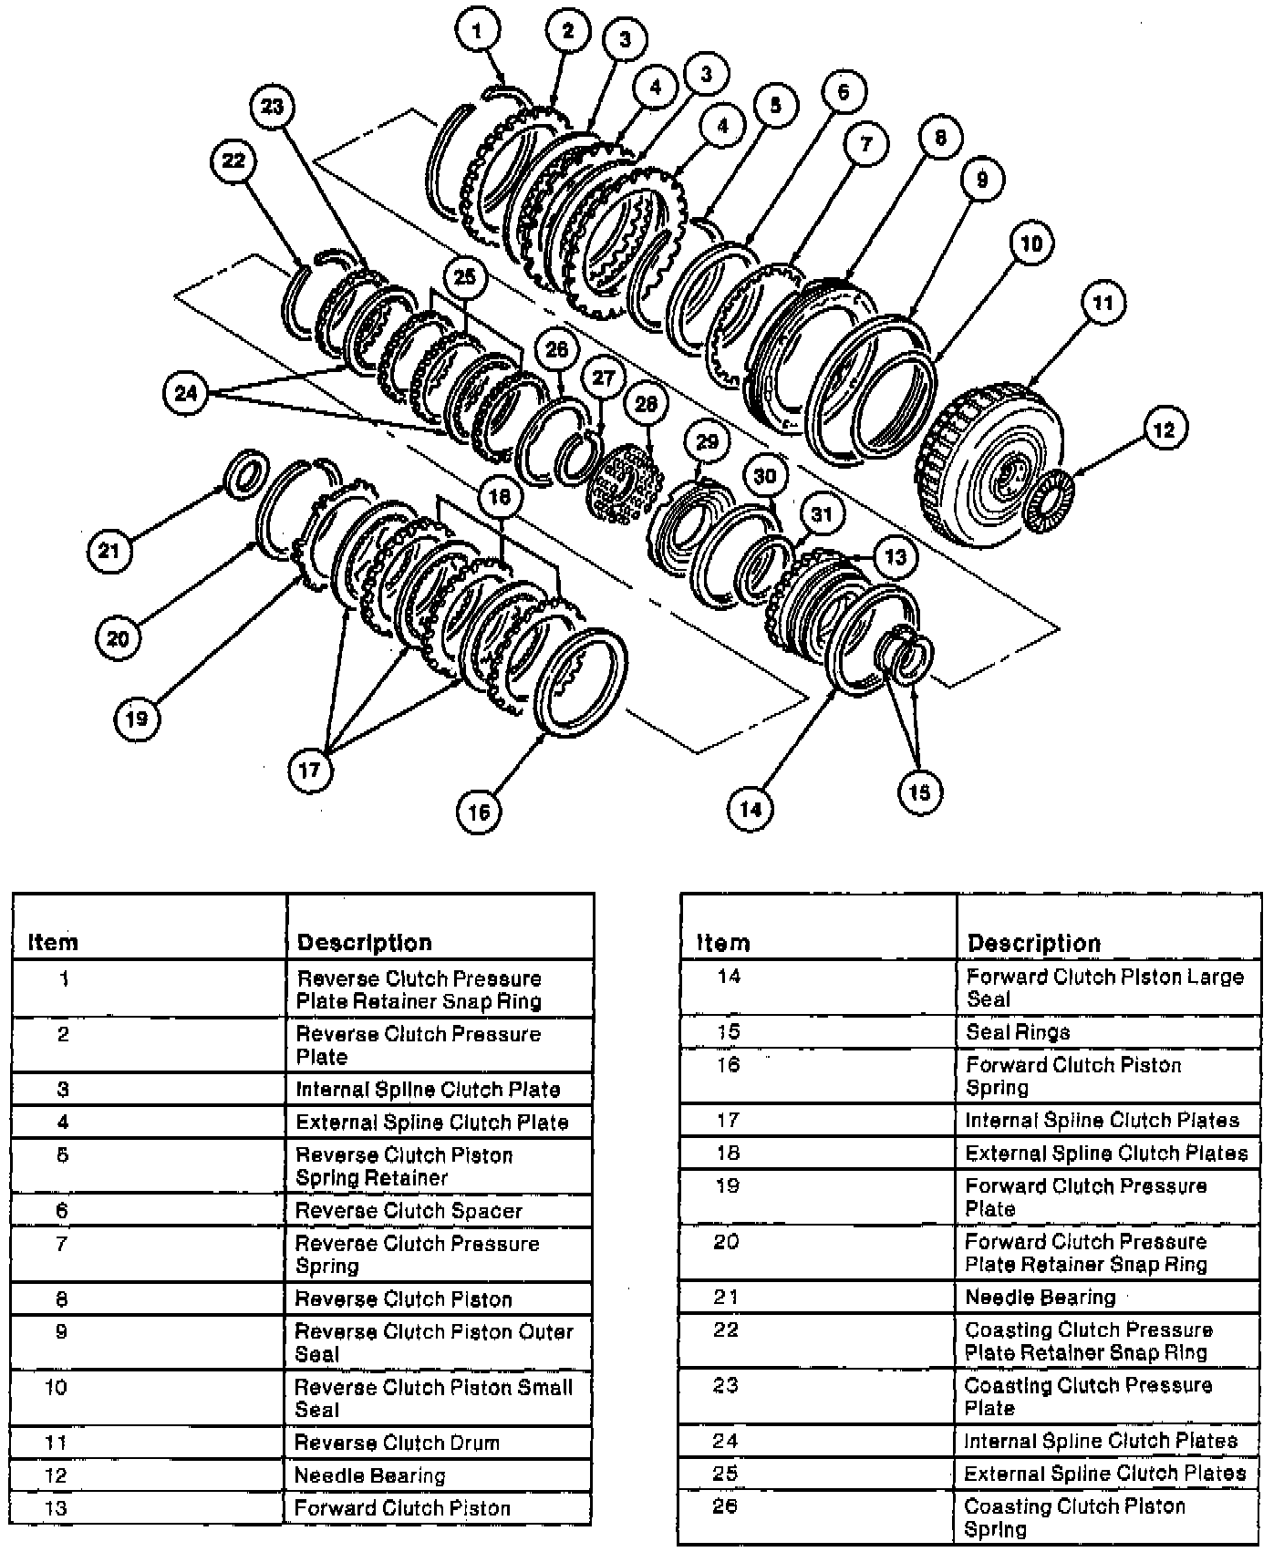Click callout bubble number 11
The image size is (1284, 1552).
pos(1103,303)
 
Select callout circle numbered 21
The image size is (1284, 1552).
pos(109,551)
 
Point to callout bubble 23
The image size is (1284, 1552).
pos(273,107)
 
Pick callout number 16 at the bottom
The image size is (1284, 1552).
pos(479,811)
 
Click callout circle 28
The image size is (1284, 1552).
pos(646,403)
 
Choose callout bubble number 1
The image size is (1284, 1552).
pos(478,30)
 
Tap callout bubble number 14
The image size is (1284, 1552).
pos(751,808)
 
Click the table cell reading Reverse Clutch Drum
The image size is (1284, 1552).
pos(397,1443)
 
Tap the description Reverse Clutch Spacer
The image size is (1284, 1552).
pos(409,1211)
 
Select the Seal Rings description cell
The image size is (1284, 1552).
pos(1018,1032)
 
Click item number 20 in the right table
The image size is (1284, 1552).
pos(726,1242)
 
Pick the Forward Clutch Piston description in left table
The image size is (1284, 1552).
pos(402,1508)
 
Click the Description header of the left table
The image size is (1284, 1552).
pos(364,942)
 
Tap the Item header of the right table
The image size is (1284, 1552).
pos(723,942)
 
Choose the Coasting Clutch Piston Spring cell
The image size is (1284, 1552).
pos(1074,1517)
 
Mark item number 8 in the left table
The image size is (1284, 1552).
pos(62,1299)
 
